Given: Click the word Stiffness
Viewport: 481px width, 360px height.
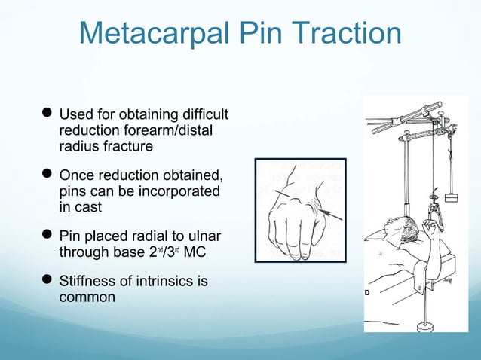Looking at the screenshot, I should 88,282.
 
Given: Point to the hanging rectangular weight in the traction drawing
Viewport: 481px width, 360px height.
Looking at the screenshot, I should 452,199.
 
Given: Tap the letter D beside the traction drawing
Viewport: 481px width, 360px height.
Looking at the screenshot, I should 369,292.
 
